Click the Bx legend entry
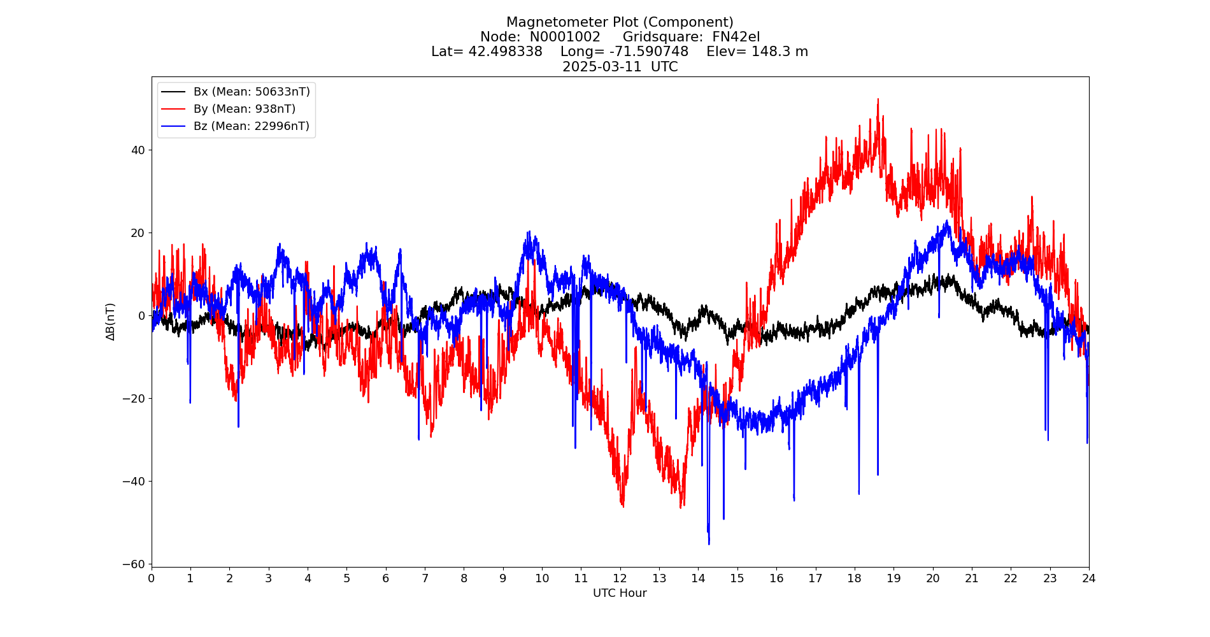(x=252, y=92)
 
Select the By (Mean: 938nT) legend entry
(x=244, y=109)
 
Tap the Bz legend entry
(x=251, y=126)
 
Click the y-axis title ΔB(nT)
(x=110, y=322)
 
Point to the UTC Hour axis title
(x=620, y=593)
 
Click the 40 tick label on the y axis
(x=138, y=150)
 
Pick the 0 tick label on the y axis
(x=141, y=315)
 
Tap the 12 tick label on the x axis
(x=620, y=578)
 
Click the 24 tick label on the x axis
(x=1088, y=578)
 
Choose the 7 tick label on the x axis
(x=425, y=578)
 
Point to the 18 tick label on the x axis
(x=854, y=578)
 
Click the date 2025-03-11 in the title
(x=602, y=67)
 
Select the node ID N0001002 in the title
(x=565, y=37)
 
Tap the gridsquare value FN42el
(x=736, y=37)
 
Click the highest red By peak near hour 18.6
(x=878, y=99)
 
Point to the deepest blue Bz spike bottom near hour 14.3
(x=709, y=543)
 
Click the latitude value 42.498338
(x=505, y=52)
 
